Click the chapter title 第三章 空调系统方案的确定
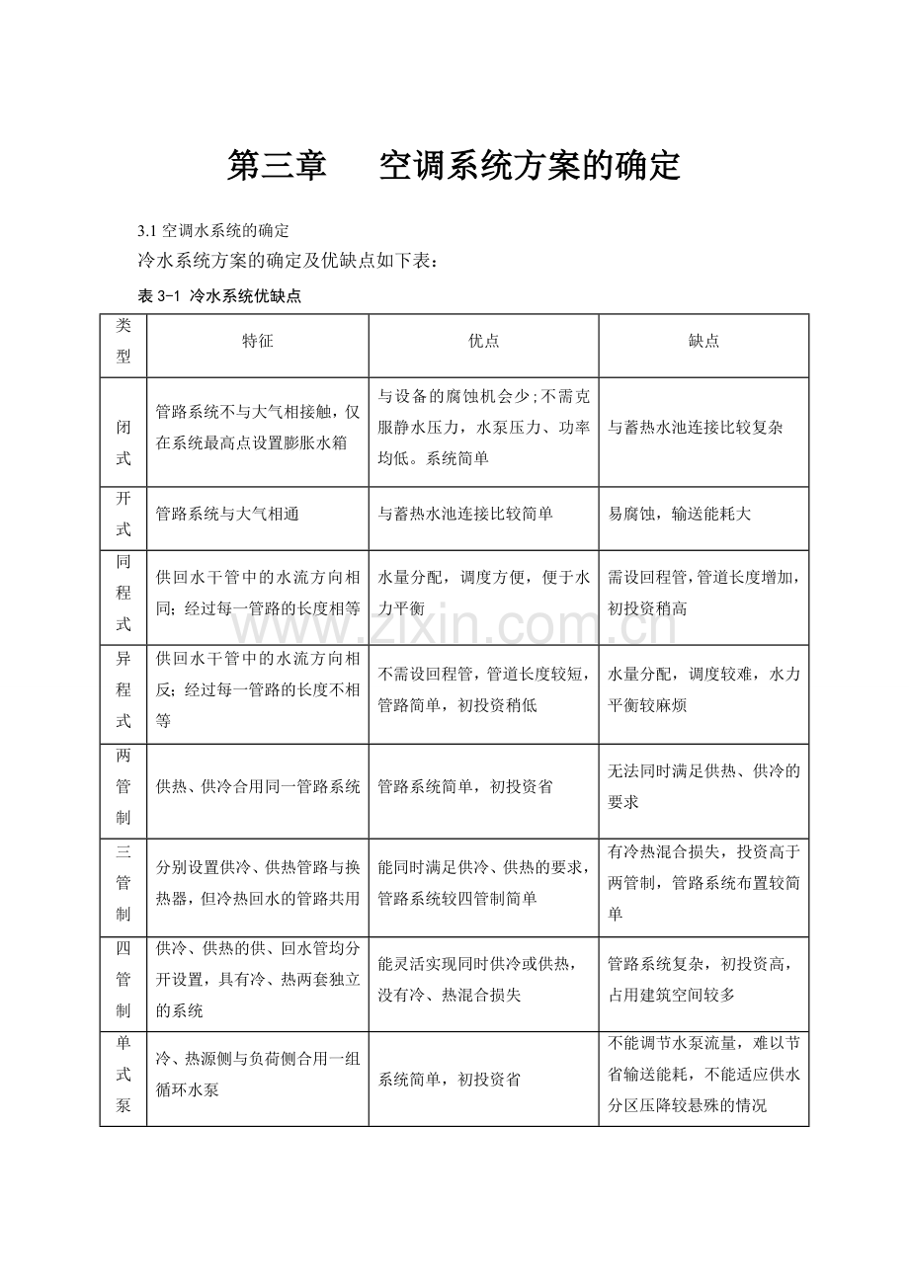pos(454,166)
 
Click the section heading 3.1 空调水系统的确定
pos(213,231)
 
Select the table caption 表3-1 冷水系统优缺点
pos(219,296)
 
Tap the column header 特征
pos(258,341)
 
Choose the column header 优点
pos(483,341)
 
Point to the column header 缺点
pos(703,341)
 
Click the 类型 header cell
pos(124,341)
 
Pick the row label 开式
pos(124,514)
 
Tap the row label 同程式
pos(124,593)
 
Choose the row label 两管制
pos(124,787)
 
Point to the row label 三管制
pos(124,883)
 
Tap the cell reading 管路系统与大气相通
pos(227,515)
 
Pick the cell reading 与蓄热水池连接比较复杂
pos(696,429)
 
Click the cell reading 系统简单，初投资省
pos(450,1080)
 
